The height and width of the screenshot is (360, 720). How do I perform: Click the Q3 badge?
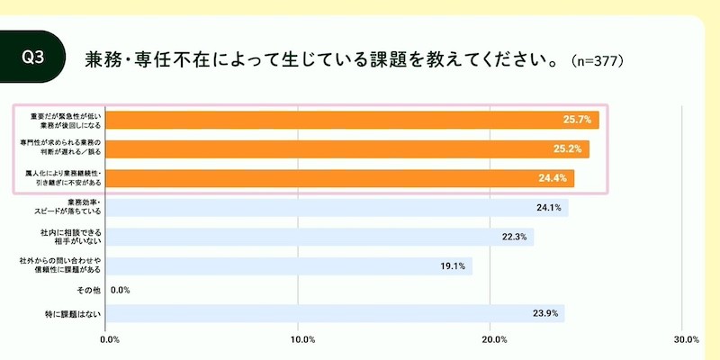[33, 56]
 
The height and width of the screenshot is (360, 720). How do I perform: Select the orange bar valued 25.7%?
[351, 120]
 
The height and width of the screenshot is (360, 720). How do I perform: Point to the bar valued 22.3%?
[319, 237]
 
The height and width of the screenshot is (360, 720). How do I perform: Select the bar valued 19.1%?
[288, 266]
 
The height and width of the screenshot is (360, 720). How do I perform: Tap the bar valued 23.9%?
[333, 314]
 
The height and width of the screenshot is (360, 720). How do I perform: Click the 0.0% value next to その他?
[121, 291]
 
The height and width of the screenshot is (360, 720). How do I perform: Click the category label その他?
[90, 291]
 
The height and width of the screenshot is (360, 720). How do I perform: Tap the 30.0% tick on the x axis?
[686, 339]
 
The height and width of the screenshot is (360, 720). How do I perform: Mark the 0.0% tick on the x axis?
[110, 339]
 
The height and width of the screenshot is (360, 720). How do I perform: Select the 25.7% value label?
[577, 120]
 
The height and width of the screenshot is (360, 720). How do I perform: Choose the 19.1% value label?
[453, 266]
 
